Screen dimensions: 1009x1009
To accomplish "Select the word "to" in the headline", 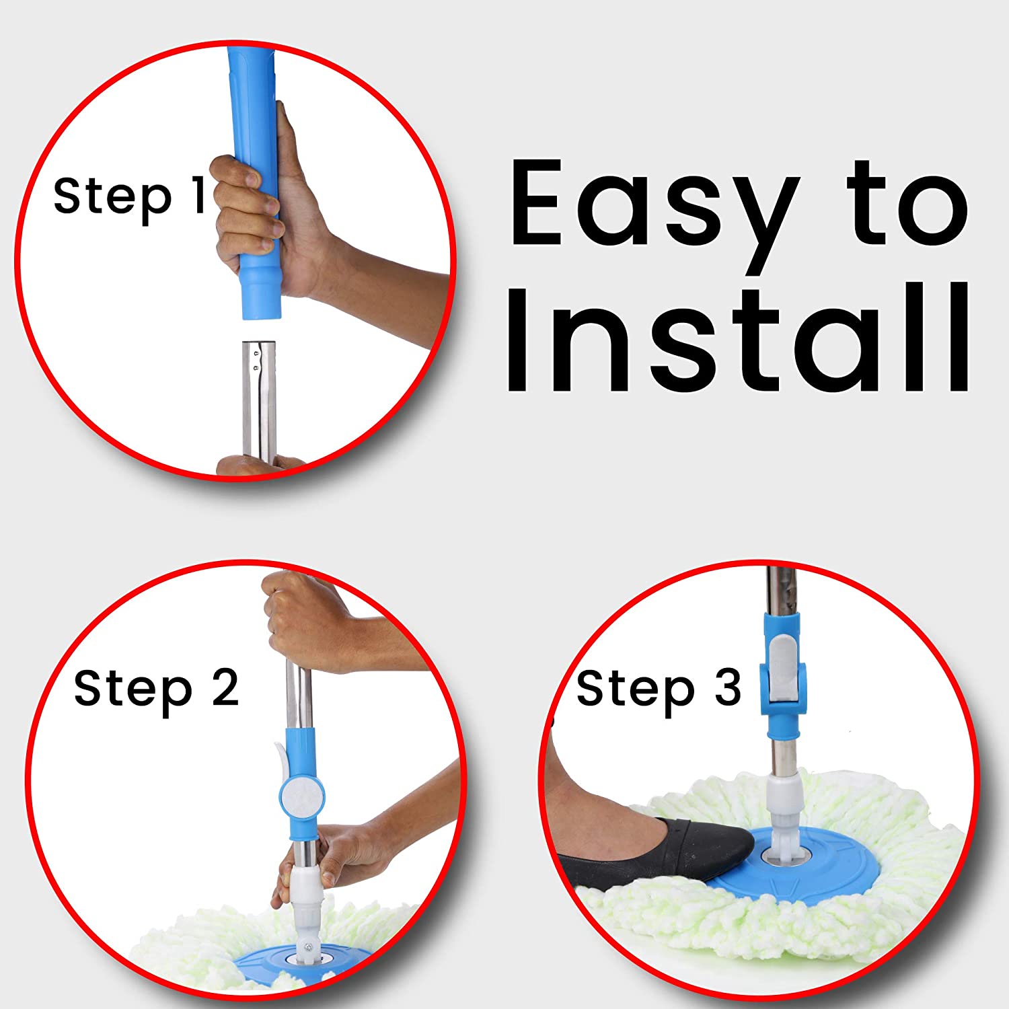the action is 907,203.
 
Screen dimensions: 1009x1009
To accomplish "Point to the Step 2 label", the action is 156,689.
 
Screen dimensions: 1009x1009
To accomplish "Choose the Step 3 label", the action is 659,689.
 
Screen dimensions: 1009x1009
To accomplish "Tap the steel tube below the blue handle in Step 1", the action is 259,400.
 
